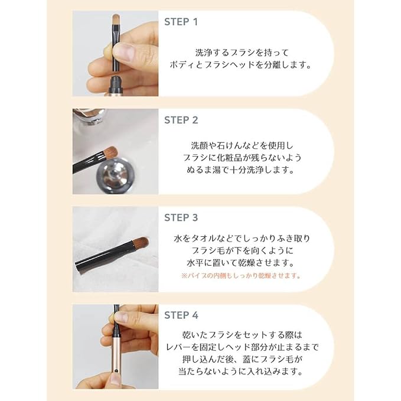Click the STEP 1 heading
[x=181, y=22]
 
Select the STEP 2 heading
[x=181, y=120]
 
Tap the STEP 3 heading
[x=181, y=218]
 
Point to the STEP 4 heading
[x=181, y=316]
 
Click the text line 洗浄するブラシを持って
[x=243, y=52]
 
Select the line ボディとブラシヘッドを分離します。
[x=243, y=65]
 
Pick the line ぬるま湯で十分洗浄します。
[x=243, y=170]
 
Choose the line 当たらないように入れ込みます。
[x=243, y=372]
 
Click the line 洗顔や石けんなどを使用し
[x=243, y=144]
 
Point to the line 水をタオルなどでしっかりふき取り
[x=243, y=238]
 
